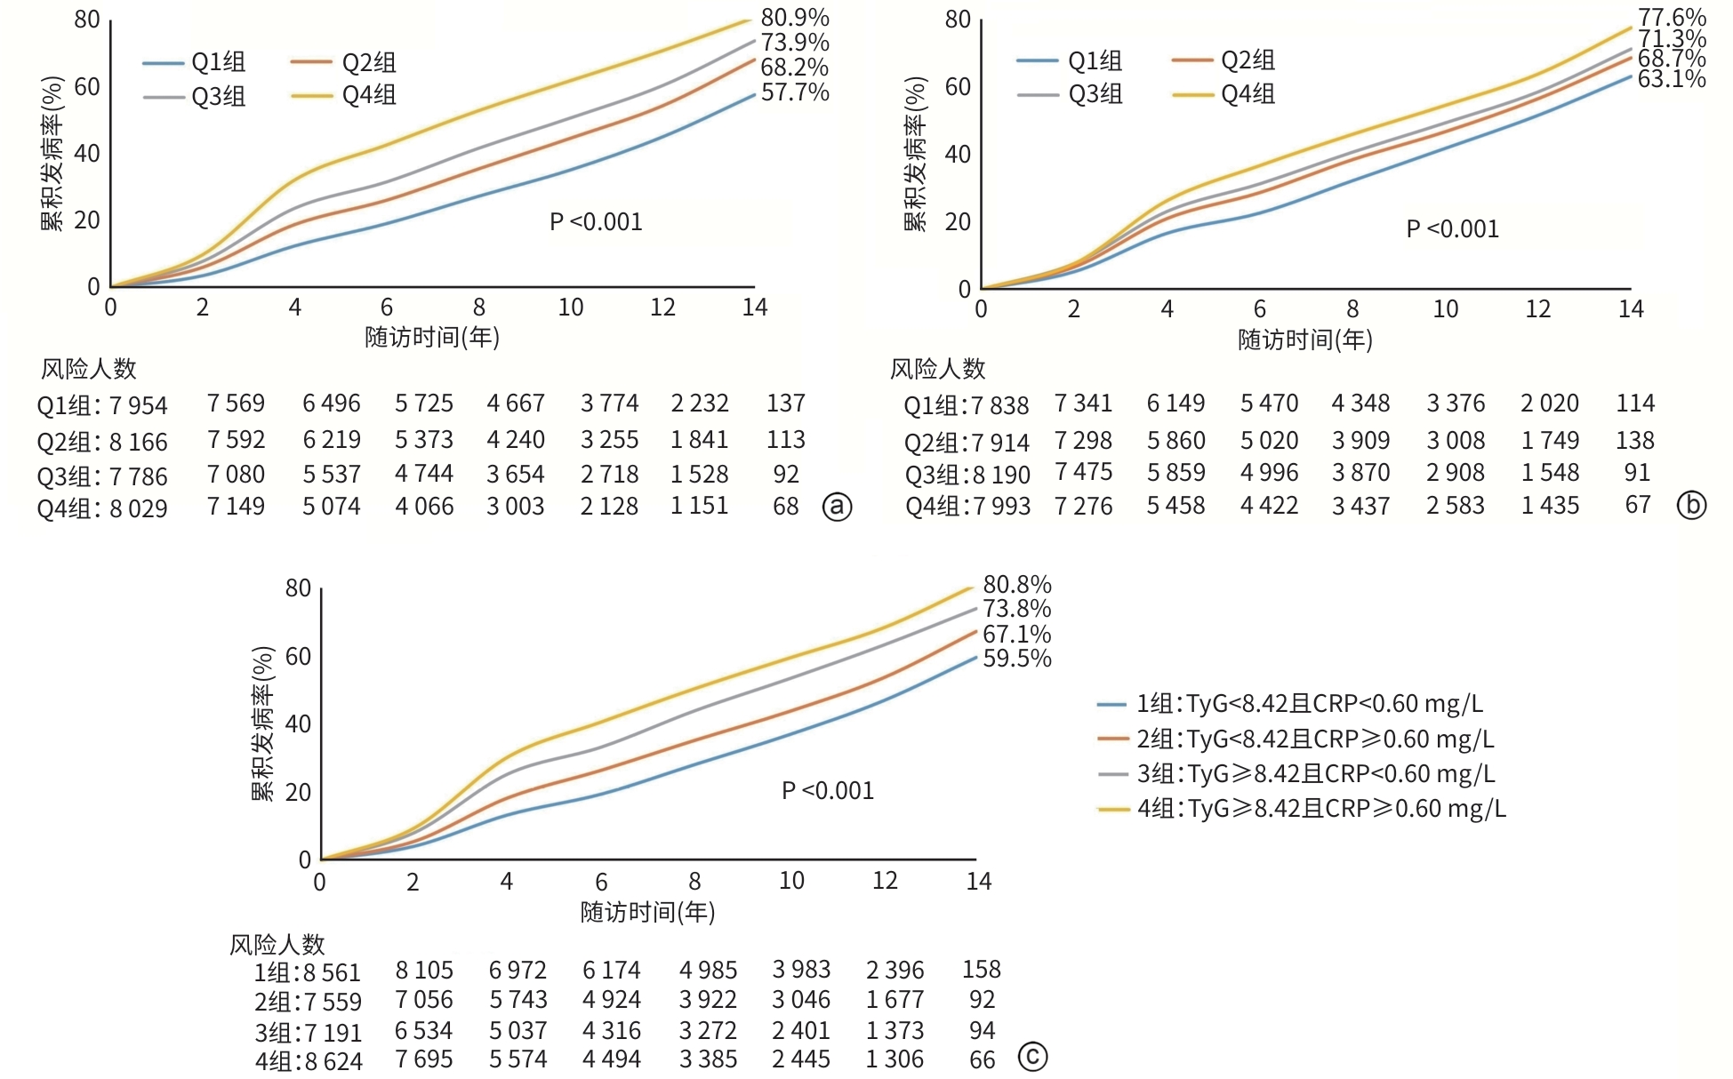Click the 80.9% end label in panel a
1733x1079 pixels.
pyautogui.click(x=795, y=18)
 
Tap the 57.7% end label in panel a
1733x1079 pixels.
pyautogui.click(x=795, y=92)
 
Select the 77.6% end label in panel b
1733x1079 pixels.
pyautogui.click(x=1672, y=18)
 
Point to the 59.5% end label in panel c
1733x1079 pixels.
pyautogui.click(x=1016, y=659)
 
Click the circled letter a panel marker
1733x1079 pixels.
pyautogui.click(x=837, y=507)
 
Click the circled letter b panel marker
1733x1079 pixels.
pyautogui.click(x=1691, y=506)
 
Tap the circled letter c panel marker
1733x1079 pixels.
pyautogui.click(x=1032, y=1057)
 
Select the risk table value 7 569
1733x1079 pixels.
pyautogui.click(x=236, y=404)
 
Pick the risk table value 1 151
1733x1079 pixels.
pyautogui.click(x=699, y=506)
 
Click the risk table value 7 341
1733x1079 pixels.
pyautogui.click(x=1083, y=404)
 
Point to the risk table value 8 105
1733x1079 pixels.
pyautogui.click(x=424, y=970)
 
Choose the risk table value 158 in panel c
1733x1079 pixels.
pyautogui.click(x=981, y=969)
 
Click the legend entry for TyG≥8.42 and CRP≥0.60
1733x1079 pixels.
pyautogui.click(x=1321, y=809)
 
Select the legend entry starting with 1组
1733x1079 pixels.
pyautogui.click(x=1309, y=704)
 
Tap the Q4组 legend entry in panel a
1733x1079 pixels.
pyautogui.click(x=368, y=95)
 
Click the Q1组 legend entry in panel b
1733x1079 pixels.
pyautogui.click(x=1095, y=60)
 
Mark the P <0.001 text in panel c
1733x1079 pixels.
pyautogui.click(x=827, y=791)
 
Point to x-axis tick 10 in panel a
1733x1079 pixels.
pyautogui.click(x=570, y=308)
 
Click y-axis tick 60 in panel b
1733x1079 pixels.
pyautogui.click(x=957, y=87)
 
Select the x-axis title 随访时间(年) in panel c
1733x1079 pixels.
pyautogui.click(x=647, y=912)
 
